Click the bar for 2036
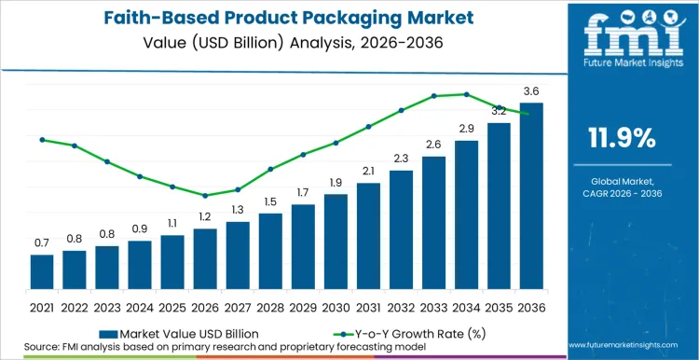point(530,196)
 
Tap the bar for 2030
point(336,242)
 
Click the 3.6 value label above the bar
point(531,90)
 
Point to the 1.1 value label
point(172,224)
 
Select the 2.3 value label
point(401,159)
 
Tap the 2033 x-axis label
point(433,307)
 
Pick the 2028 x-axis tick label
point(270,307)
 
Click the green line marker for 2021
point(42,140)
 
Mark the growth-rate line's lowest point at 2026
point(205,196)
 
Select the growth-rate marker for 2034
point(466,94)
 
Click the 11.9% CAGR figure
point(622,139)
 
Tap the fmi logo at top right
point(622,41)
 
